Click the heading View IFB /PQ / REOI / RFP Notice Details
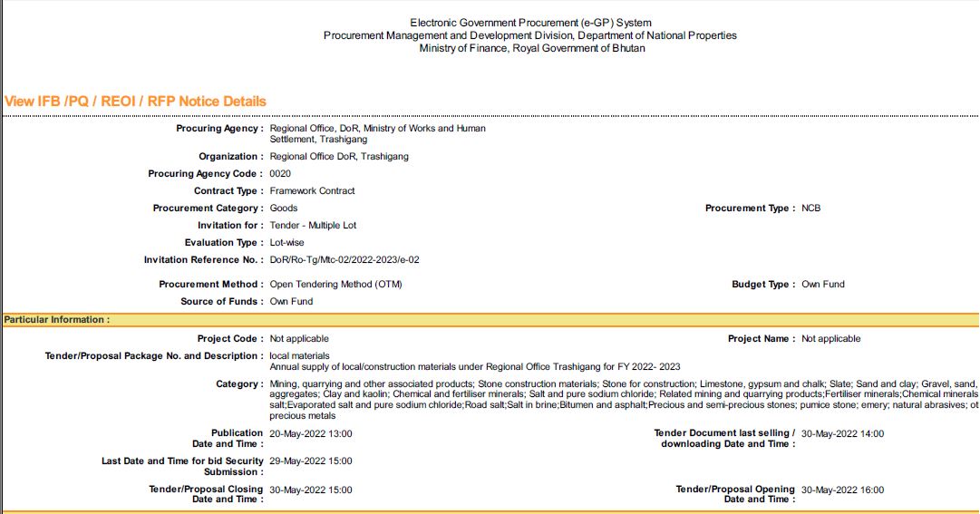(x=136, y=101)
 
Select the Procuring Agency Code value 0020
(x=280, y=174)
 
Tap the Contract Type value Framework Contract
(x=312, y=191)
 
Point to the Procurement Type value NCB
(x=810, y=209)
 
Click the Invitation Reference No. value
(x=344, y=260)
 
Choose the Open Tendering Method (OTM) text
(x=335, y=285)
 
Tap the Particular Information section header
(x=56, y=320)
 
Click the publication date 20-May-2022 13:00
(x=311, y=434)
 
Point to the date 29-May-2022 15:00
(x=311, y=461)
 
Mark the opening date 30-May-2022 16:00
(x=842, y=490)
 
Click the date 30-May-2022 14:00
(x=842, y=434)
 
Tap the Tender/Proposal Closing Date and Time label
(x=206, y=494)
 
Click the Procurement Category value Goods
(x=284, y=209)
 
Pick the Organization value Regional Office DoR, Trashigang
(x=339, y=157)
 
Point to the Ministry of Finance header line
(x=531, y=48)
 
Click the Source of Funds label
(x=222, y=302)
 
